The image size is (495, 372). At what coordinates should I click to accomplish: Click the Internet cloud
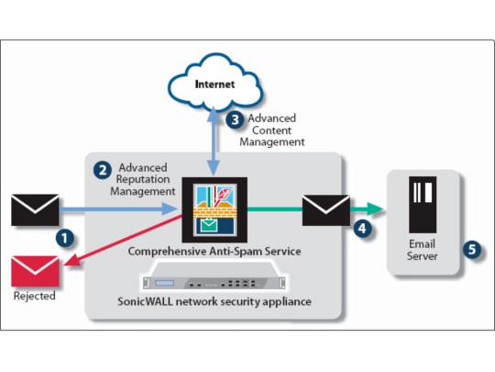tap(215, 83)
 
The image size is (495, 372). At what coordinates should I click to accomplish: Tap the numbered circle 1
tap(65, 238)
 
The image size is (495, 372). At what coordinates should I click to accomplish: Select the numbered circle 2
tap(103, 171)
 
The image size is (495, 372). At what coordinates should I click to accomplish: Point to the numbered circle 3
tap(235, 120)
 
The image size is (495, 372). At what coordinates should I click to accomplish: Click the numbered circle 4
tap(362, 228)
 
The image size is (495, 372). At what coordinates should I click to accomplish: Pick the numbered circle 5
tap(472, 249)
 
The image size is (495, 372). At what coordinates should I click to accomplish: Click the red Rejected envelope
tap(35, 271)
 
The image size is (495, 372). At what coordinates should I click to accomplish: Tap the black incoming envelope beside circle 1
tap(35, 210)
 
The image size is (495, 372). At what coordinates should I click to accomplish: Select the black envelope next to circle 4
tap(326, 210)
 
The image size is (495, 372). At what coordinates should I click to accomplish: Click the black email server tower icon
tap(423, 205)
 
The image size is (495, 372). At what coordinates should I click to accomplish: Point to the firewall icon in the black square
tap(214, 209)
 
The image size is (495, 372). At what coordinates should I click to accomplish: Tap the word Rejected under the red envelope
tap(35, 296)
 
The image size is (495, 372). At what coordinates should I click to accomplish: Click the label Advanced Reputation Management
tap(143, 179)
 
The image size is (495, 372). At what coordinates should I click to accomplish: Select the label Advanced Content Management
tap(272, 130)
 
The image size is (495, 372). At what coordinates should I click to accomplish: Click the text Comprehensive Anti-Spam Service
tap(214, 252)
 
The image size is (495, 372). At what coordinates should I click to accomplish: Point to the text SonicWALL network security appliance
tap(214, 301)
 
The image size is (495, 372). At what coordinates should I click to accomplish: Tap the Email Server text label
tap(422, 250)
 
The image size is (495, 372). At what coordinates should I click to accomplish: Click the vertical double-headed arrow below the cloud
tap(214, 141)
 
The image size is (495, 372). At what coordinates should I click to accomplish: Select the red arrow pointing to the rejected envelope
tap(123, 241)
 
